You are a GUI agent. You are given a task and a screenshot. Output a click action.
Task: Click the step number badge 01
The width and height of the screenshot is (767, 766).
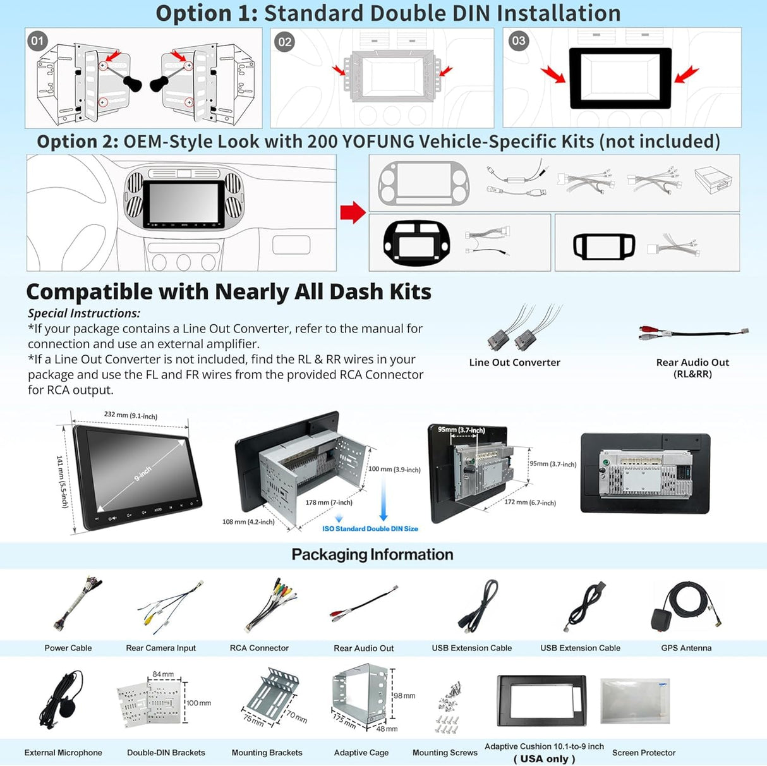[x=38, y=41]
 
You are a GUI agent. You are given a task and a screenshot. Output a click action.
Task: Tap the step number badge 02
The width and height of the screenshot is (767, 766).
[x=285, y=42]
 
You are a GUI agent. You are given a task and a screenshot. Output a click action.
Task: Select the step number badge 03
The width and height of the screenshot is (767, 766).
[x=518, y=41]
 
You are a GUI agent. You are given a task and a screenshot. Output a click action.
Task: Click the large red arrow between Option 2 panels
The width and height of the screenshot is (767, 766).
[x=353, y=212]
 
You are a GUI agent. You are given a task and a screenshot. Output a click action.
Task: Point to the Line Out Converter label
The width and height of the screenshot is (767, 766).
[x=514, y=362]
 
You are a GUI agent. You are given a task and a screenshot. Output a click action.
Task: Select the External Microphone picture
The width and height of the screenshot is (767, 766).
[x=63, y=702]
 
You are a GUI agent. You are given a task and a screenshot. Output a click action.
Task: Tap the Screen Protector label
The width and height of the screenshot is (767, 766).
[x=643, y=753]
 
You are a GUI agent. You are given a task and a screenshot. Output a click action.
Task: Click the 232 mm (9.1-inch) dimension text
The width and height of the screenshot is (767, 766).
[x=131, y=415]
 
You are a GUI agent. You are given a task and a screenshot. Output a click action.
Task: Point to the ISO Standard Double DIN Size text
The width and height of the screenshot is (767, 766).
[x=370, y=528]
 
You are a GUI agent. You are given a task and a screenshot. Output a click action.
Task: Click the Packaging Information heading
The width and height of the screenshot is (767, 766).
[x=372, y=554]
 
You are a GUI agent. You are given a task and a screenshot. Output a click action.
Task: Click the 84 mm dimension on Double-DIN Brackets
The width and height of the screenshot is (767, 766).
[x=163, y=674]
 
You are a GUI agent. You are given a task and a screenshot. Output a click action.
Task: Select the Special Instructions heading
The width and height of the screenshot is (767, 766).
[x=84, y=313]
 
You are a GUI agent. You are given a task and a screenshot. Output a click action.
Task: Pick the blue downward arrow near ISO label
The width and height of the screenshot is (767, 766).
[x=383, y=499]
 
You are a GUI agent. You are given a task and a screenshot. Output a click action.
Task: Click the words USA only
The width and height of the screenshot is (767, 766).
[x=544, y=758]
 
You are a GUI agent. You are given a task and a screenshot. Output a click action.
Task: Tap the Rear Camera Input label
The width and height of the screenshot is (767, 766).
[x=160, y=648]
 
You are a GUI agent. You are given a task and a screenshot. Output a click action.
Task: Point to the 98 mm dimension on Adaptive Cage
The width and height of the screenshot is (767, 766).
[x=404, y=695]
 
